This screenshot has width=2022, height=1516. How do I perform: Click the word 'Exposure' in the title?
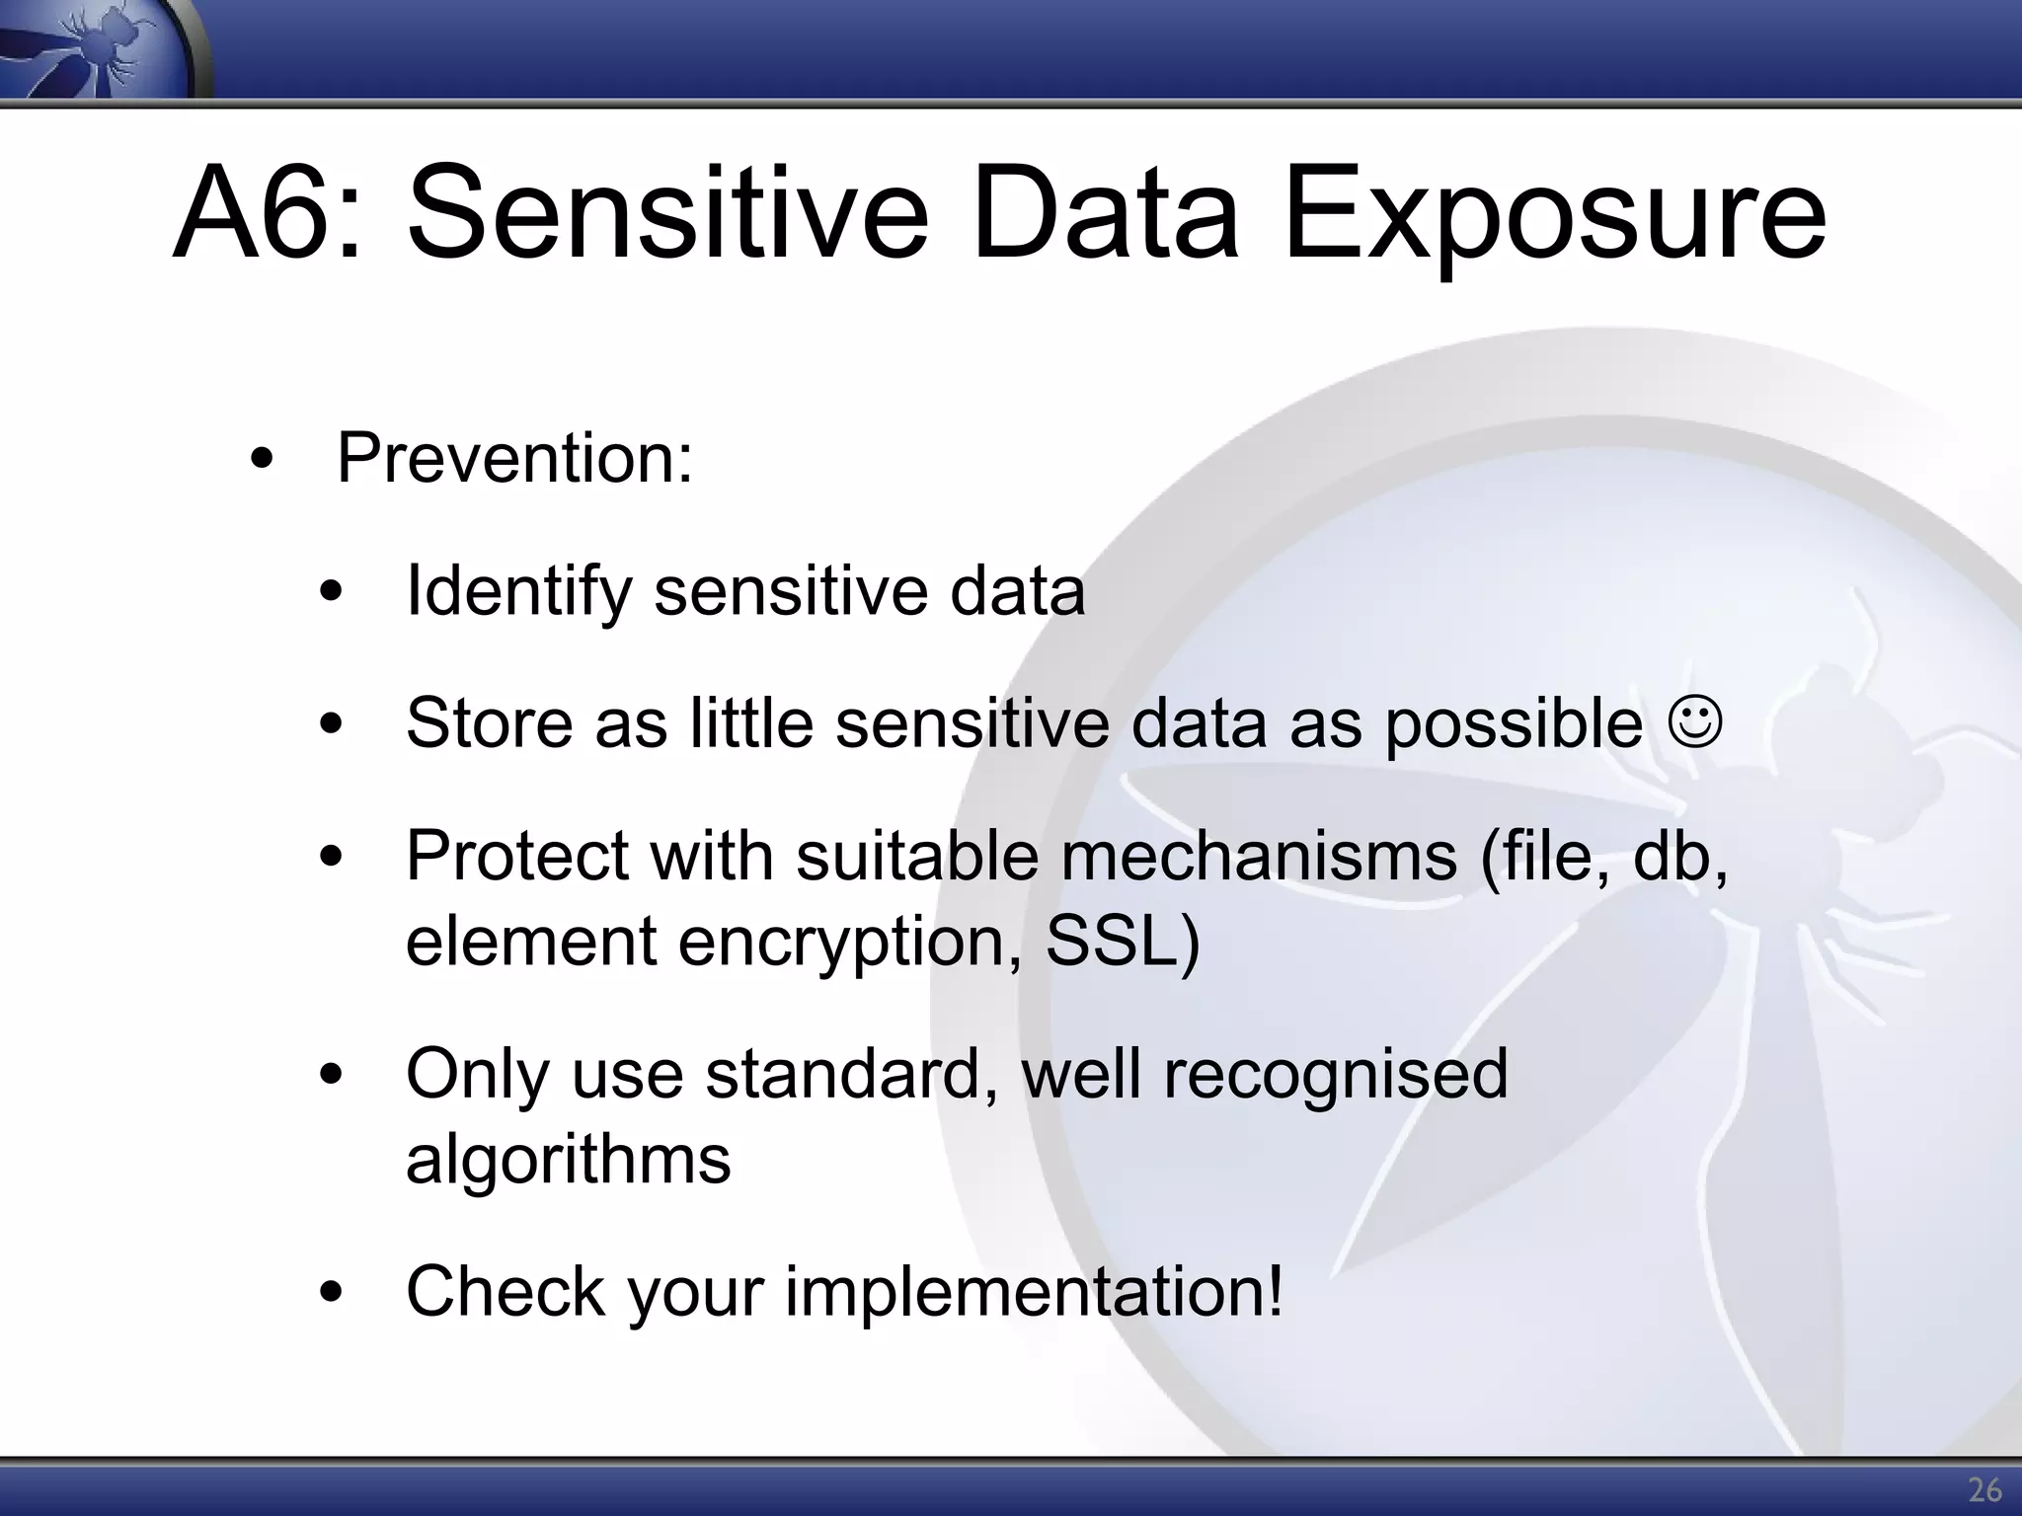1554,214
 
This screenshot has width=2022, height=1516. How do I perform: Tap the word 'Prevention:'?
514,458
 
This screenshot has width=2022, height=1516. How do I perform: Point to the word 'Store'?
489,722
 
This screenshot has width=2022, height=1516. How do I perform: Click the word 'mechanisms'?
1258,855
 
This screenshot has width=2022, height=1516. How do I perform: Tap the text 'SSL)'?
1123,941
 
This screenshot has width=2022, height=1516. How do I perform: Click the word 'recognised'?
1335,1073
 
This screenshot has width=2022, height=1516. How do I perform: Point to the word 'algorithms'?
568,1159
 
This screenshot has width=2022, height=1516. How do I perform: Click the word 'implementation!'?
1034,1291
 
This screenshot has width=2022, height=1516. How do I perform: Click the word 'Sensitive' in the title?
667,214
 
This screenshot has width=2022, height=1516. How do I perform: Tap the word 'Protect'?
516,855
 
